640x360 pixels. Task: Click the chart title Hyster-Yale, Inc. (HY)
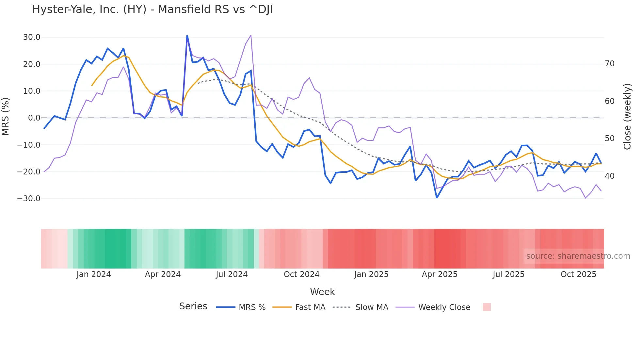152,9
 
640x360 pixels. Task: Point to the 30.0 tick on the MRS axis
32,37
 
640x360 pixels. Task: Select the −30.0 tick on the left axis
29,199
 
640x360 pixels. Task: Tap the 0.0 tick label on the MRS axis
34,118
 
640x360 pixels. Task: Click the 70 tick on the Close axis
610,64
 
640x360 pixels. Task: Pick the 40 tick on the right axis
610,176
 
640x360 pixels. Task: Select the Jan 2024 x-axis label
94,274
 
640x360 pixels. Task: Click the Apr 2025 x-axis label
440,274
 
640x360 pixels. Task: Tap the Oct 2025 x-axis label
578,274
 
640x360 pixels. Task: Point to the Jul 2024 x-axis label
232,274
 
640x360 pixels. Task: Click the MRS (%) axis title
6,117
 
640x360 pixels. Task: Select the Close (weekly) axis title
627,117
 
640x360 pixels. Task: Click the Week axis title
322,292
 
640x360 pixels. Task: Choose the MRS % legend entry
252,307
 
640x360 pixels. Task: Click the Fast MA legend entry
310,307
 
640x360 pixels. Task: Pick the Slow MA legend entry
372,307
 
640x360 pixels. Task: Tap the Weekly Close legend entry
444,307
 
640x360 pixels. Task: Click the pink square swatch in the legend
487,307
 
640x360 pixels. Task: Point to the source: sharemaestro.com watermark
578,256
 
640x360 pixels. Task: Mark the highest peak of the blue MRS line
187,36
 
